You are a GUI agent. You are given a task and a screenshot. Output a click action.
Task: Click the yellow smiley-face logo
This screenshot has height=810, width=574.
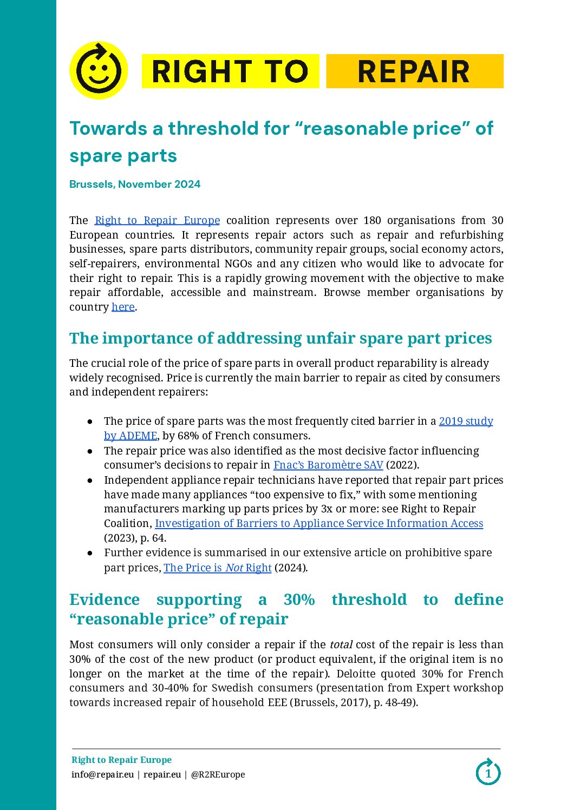[x=99, y=71]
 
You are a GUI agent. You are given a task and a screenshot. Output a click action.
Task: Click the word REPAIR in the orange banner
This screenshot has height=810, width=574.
[x=414, y=71]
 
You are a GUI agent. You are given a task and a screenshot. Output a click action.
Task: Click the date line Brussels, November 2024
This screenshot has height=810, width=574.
[x=135, y=184]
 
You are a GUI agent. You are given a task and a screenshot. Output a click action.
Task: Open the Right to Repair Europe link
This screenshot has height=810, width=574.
[x=157, y=220]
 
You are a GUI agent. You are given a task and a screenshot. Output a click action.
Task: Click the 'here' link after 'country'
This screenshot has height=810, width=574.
[x=123, y=307]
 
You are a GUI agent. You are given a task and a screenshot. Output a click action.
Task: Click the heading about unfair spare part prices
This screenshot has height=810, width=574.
[x=281, y=338]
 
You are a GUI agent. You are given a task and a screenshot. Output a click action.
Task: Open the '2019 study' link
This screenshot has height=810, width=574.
[x=466, y=421]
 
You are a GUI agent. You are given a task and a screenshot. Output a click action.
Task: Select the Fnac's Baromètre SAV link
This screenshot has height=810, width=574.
[x=328, y=465]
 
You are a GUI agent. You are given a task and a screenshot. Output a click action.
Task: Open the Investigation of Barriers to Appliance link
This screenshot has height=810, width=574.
[x=319, y=523]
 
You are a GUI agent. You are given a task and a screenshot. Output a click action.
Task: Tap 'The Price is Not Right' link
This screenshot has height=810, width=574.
[x=217, y=568]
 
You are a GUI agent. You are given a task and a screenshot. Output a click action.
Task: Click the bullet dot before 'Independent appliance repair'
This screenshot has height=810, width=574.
[x=90, y=480]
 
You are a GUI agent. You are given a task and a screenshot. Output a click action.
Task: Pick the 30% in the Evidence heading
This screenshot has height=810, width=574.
[x=299, y=600]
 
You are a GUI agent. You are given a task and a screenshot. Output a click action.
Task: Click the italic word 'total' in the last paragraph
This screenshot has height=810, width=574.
[x=341, y=644]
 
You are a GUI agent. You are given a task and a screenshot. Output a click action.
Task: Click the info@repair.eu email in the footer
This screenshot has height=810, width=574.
[x=102, y=774]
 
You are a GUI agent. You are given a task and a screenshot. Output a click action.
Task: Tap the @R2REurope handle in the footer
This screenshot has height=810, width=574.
[x=218, y=774]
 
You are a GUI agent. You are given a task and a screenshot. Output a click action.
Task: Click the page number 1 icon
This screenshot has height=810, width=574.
[x=488, y=773]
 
